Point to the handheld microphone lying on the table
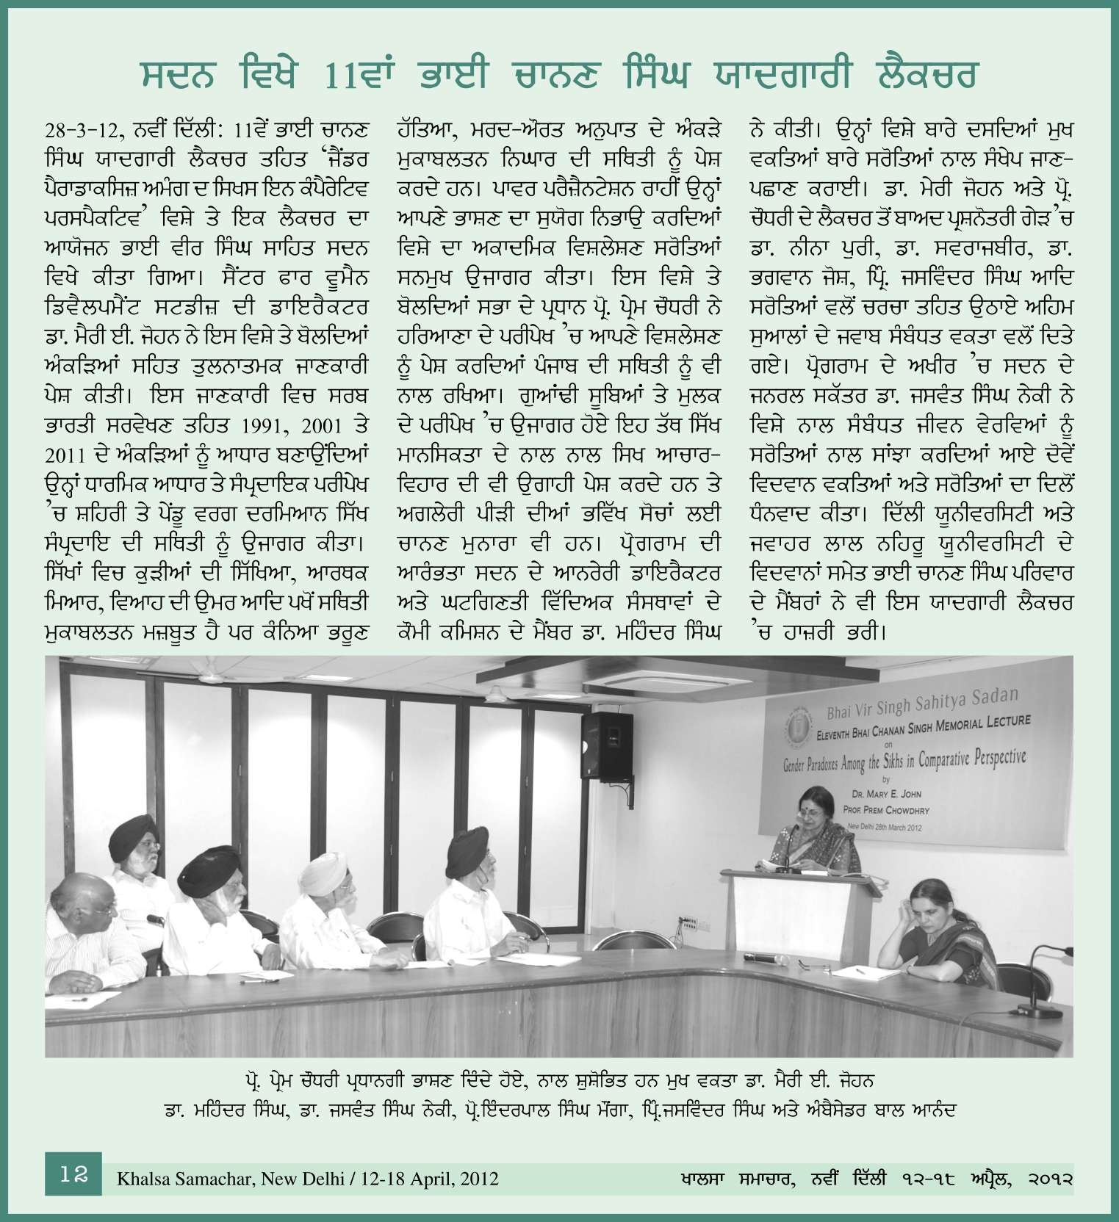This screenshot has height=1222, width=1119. click(756, 958)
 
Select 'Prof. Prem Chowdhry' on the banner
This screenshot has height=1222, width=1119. click(888, 811)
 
